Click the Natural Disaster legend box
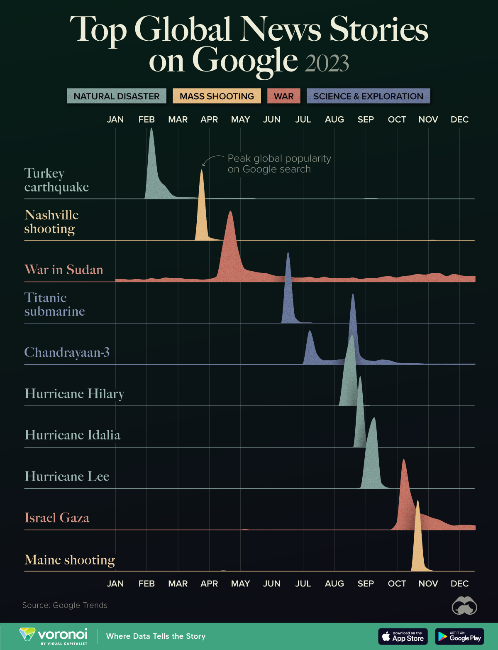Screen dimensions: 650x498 pyautogui.click(x=116, y=96)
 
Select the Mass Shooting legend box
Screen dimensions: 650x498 pyautogui.click(x=217, y=96)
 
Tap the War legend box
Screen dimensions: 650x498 pyautogui.click(x=283, y=96)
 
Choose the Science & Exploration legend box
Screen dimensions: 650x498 pyautogui.click(x=368, y=96)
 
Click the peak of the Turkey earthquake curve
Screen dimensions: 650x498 pyautogui.click(x=151, y=130)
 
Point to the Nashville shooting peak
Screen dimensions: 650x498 pyautogui.click(x=202, y=171)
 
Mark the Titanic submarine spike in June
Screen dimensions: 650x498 pyautogui.click(x=288, y=254)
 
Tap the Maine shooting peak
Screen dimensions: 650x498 pyautogui.click(x=417, y=502)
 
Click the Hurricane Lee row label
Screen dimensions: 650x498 pyautogui.click(x=67, y=476)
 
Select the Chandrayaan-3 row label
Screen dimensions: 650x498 pyautogui.click(x=67, y=352)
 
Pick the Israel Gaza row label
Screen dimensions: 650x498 pyautogui.click(x=57, y=518)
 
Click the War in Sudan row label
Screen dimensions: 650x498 pyautogui.click(x=63, y=270)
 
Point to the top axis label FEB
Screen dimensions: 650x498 pyautogui.click(x=146, y=120)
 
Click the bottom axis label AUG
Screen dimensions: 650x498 pyautogui.click(x=334, y=584)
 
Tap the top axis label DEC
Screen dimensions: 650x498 pyautogui.click(x=459, y=120)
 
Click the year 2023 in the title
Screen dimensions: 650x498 pyautogui.click(x=327, y=63)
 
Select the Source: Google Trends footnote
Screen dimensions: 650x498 pyautogui.click(x=65, y=605)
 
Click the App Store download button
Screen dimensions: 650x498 pyautogui.click(x=403, y=636)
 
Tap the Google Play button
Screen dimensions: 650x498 pyautogui.click(x=459, y=636)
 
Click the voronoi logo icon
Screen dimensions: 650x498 pyautogui.click(x=27, y=635)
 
